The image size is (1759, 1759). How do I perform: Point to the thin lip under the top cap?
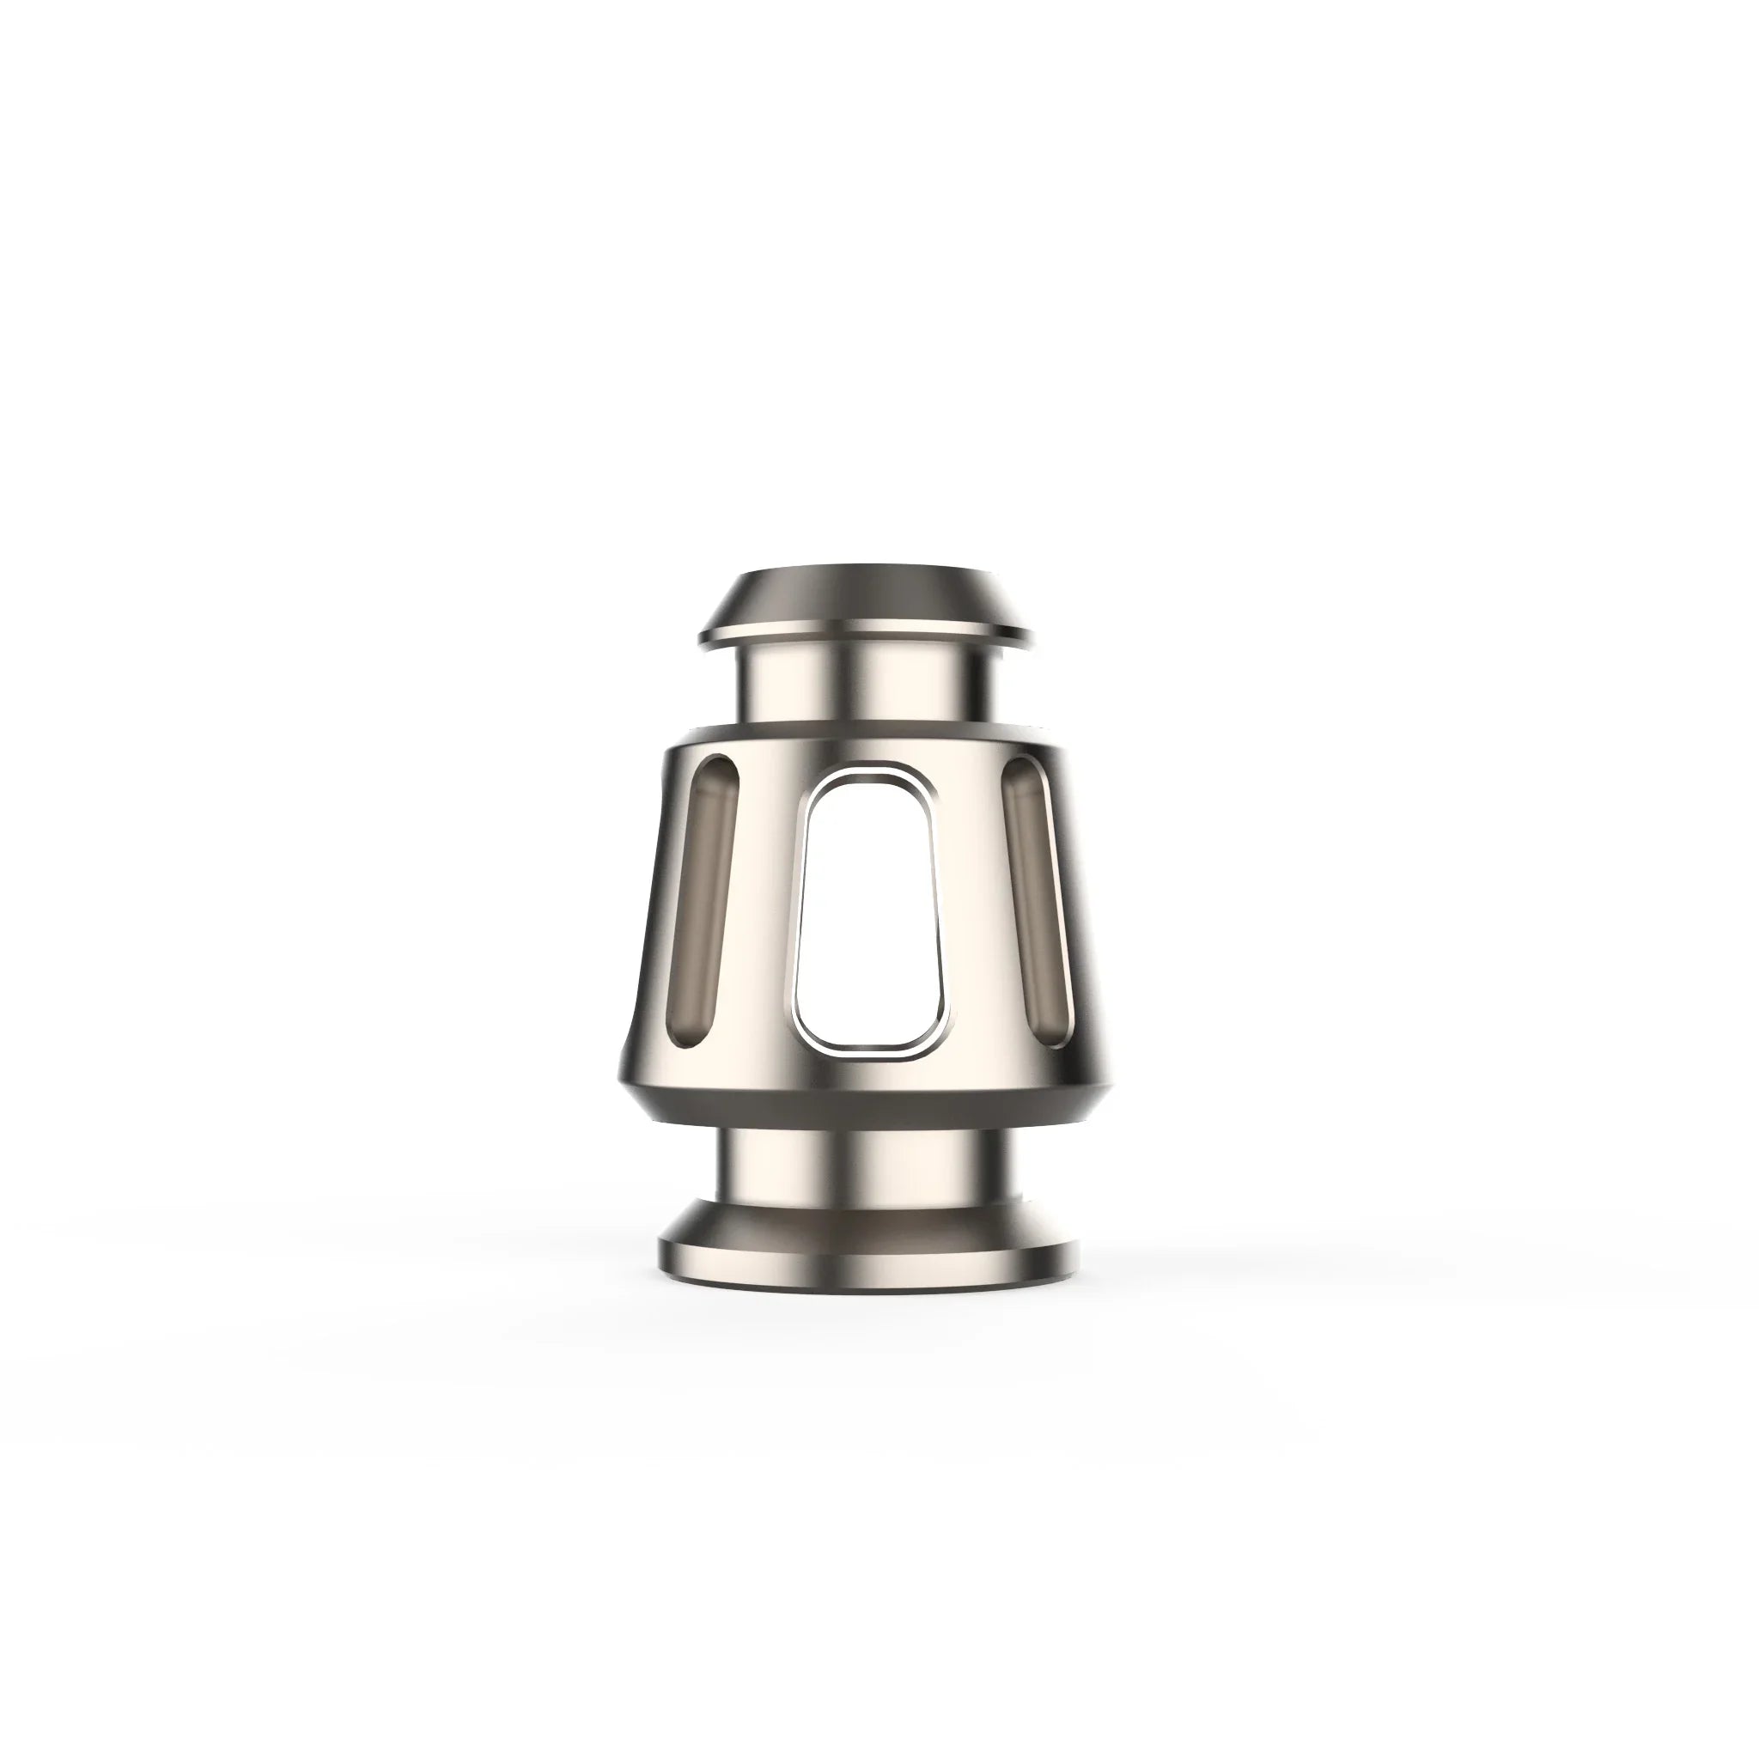click(867, 634)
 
